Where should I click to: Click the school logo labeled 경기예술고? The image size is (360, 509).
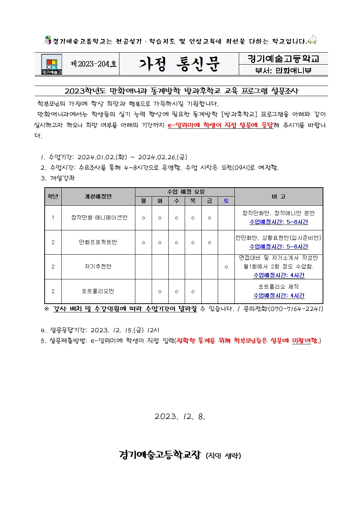tap(52, 64)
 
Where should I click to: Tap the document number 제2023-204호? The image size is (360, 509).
tap(94, 64)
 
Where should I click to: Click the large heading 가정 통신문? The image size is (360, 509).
tap(179, 64)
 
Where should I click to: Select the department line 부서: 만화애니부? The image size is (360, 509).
tap(283, 70)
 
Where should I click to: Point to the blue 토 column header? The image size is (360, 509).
tap(226, 201)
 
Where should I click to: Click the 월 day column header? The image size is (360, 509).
tap(143, 201)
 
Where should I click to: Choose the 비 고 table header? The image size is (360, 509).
tap(278, 197)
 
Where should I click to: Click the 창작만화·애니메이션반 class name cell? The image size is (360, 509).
tap(99, 218)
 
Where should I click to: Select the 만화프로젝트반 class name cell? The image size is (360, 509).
tap(98, 242)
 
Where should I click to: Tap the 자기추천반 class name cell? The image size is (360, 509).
tap(98, 267)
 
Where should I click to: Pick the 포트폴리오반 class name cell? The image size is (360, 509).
tap(98, 291)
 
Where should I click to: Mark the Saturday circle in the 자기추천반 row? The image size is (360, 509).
tap(226, 267)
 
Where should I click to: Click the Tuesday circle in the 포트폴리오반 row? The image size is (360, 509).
tap(160, 292)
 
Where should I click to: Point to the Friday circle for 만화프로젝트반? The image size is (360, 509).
tap(209, 243)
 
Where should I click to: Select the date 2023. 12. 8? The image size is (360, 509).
tap(180, 416)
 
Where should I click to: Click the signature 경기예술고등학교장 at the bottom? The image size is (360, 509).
tap(160, 455)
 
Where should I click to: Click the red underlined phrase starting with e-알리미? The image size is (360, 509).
tap(220, 125)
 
